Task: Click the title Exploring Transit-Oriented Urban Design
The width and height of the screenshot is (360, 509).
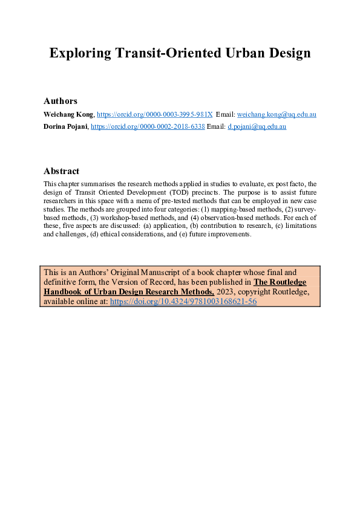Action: click(180, 53)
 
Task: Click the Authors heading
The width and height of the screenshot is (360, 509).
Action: click(61, 101)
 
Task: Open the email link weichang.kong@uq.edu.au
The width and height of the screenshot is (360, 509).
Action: click(277, 114)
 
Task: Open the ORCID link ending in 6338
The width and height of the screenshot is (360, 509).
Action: click(148, 127)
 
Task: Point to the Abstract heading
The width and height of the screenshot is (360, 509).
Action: click(62, 171)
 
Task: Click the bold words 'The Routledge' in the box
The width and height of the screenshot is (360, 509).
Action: click(280, 281)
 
